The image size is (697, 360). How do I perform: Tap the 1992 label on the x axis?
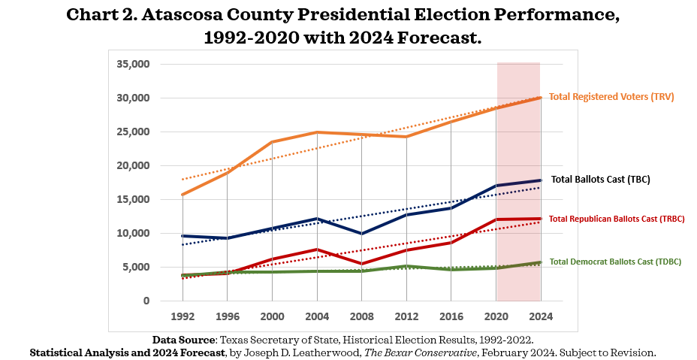tap(183, 316)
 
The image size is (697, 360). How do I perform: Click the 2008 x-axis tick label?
tap(362, 316)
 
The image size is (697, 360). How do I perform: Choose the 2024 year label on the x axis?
tap(540, 316)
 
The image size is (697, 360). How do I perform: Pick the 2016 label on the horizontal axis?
tap(451, 316)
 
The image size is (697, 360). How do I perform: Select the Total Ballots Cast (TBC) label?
tap(600, 180)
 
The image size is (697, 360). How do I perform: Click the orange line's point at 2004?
tap(318, 132)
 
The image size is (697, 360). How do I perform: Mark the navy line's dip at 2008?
tap(362, 234)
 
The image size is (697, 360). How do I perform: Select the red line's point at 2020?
tap(496, 219)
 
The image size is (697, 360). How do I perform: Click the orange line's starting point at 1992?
tap(183, 195)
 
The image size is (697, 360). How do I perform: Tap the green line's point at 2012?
tap(406, 266)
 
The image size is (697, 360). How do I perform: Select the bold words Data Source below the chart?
tap(183, 340)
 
